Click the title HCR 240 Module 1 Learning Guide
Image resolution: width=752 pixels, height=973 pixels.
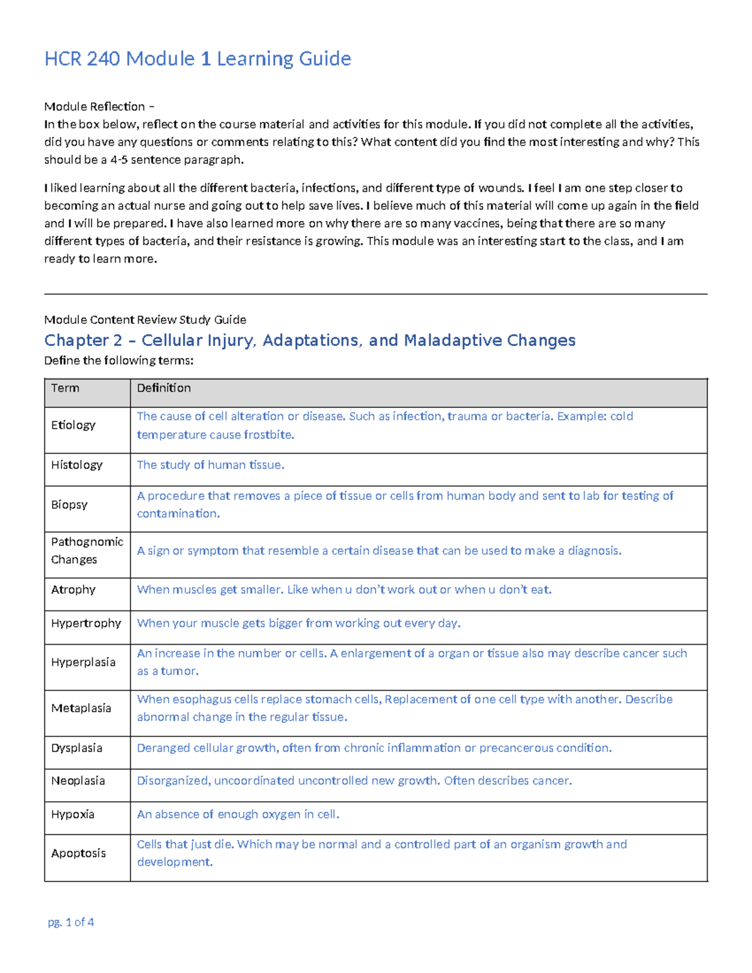tap(197, 59)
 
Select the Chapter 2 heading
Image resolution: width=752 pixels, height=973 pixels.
tap(310, 340)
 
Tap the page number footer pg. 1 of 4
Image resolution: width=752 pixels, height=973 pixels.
tap(71, 922)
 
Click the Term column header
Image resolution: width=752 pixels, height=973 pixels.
tap(65, 388)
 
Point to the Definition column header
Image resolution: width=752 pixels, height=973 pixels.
tap(164, 388)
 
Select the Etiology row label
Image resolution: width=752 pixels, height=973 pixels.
tap(73, 425)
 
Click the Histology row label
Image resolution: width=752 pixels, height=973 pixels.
tap(76, 465)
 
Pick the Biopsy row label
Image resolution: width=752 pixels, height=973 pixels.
tap(69, 504)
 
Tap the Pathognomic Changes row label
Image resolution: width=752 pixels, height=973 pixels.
tap(87, 551)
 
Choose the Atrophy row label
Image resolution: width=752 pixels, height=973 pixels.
tap(73, 590)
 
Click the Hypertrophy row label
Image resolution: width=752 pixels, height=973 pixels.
tap(86, 623)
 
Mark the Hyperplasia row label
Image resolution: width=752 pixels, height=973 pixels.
tap(83, 662)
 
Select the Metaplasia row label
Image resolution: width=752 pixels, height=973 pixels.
tap(81, 708)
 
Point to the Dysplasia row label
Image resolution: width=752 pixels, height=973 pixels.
tap(76, 748)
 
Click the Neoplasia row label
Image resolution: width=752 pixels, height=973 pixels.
tap(78, 781)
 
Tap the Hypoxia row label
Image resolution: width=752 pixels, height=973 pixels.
tap(73, 814)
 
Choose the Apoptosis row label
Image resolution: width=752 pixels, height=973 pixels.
tap(78, 853)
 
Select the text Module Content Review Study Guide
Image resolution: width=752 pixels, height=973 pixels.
tap(145, 320)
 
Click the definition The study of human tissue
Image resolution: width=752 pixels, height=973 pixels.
tap(211, 465)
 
